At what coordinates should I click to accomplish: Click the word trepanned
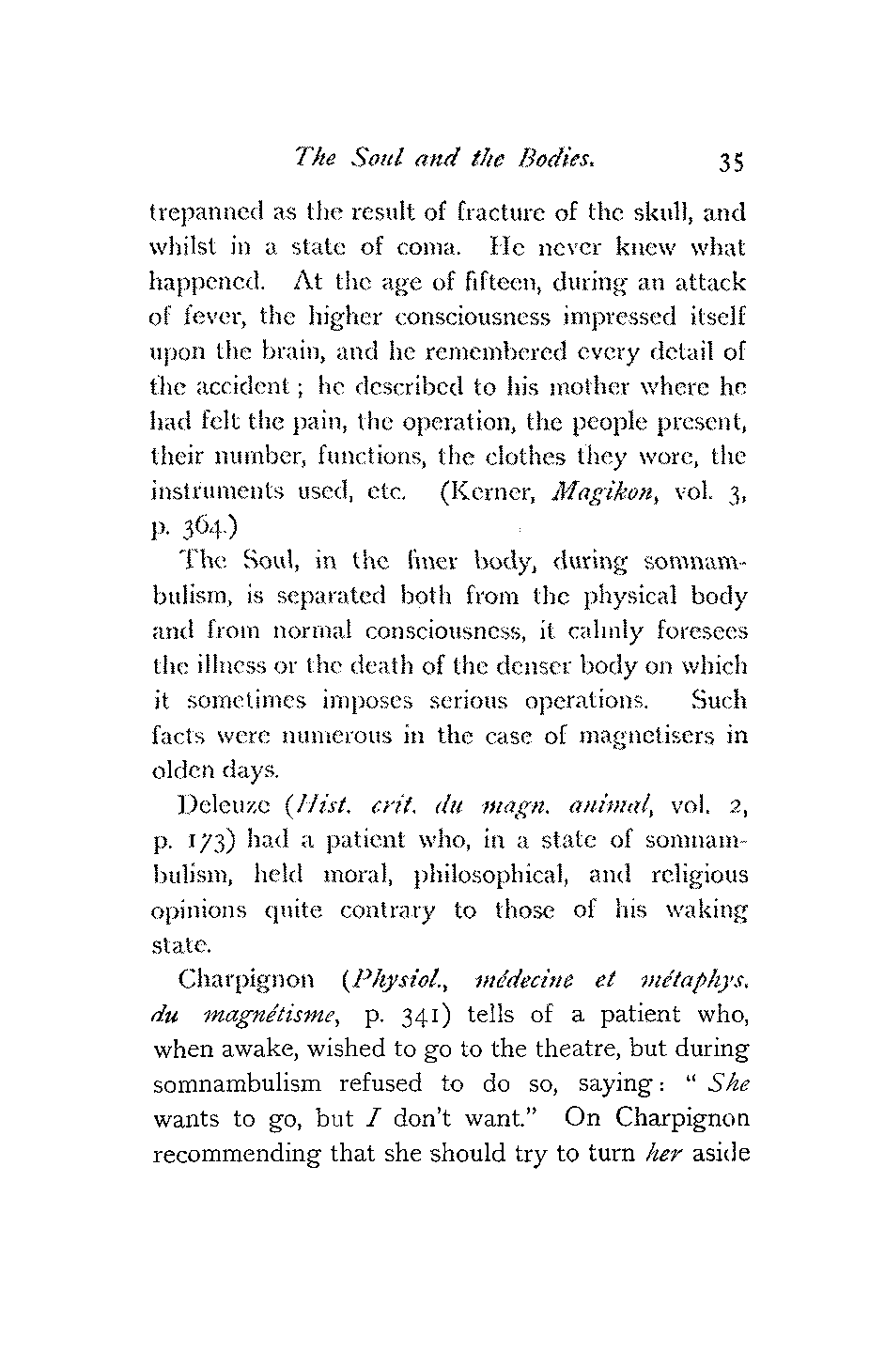click(202, 214)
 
